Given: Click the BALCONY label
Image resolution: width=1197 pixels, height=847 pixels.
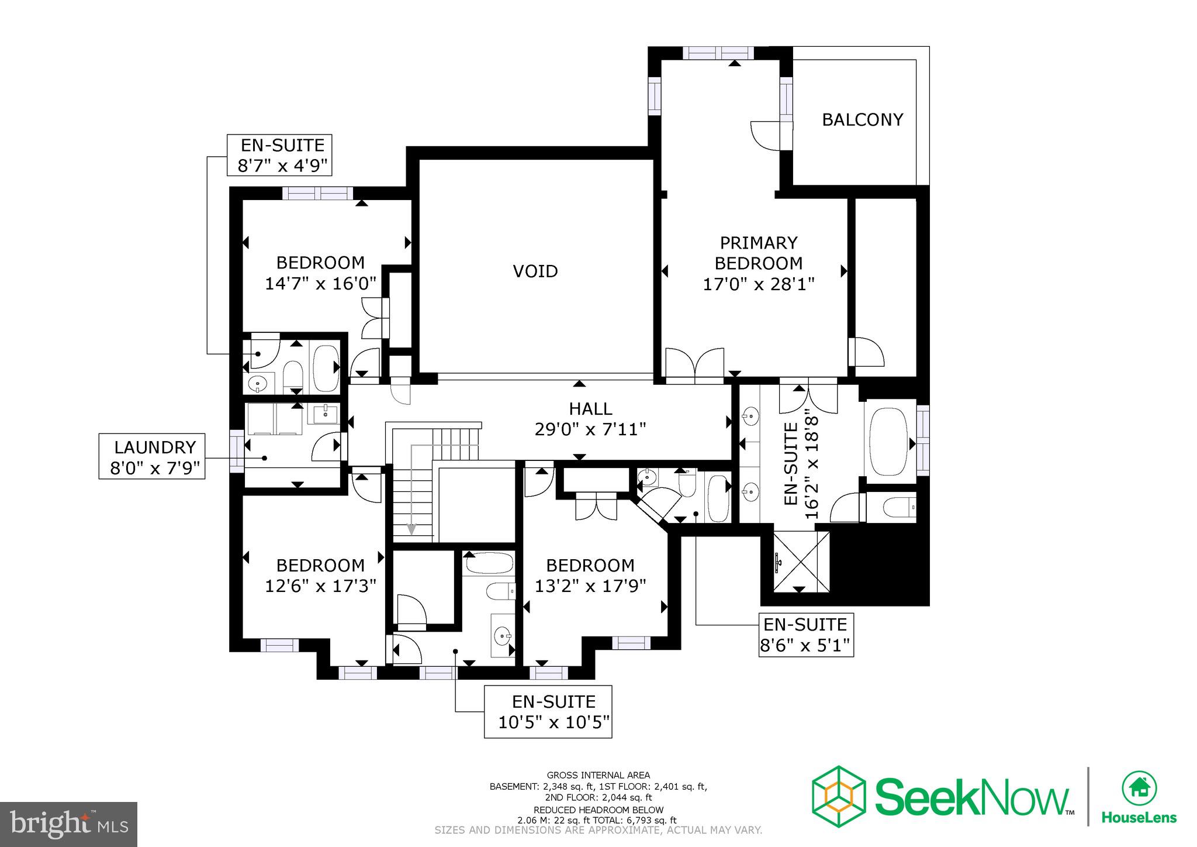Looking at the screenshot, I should pyautogui.click(x=862, y=119).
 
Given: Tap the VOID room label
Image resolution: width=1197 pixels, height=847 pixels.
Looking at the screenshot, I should pyautogui.click(x=535, y=271).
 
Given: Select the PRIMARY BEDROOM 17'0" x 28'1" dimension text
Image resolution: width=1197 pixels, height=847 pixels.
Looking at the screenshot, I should pyautogui.click(x=758, y=284).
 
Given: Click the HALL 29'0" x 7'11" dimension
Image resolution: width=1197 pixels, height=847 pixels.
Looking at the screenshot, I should pyautogui.click(x=590, y=429).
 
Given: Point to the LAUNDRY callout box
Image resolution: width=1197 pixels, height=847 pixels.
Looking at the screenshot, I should pyautogui.click(x=152, y=457).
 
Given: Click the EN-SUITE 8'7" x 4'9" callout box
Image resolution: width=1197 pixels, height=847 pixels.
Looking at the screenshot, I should pyautogui.click(x=280, y=155).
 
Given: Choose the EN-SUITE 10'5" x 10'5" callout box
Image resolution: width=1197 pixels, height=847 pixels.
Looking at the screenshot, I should pyautogui.click(x=548, y=711).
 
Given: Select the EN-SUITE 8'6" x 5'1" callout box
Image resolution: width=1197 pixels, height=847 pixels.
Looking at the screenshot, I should pyautogui.click(x=806, y=635).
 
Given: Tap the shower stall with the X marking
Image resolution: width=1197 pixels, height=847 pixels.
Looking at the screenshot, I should pyautogui.click(x=801, y=562).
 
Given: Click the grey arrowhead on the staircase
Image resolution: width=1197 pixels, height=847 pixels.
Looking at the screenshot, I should pyautogui.click(x=411, y=529).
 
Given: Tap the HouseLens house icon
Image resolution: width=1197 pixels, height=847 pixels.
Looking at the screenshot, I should pyautogui.click(x=1139, y=788).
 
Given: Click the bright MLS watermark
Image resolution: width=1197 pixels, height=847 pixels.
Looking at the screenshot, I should pyautogui.click(x=68, y=824).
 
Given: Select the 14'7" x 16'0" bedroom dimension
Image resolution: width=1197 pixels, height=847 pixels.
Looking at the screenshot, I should pyautogui.click(x=320, y=284).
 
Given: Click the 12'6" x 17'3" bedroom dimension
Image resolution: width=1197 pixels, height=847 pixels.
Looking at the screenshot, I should pyautogui.click(x=320, y=586).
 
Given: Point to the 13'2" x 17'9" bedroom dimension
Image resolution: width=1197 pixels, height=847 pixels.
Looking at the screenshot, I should pyautogui.click(x=590, y=586).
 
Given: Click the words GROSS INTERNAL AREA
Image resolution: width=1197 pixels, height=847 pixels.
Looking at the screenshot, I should pyautogui.click(x=598, y=775).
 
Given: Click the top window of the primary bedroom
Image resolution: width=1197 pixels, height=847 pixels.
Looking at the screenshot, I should pyautogui.click(x=718, y=53).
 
